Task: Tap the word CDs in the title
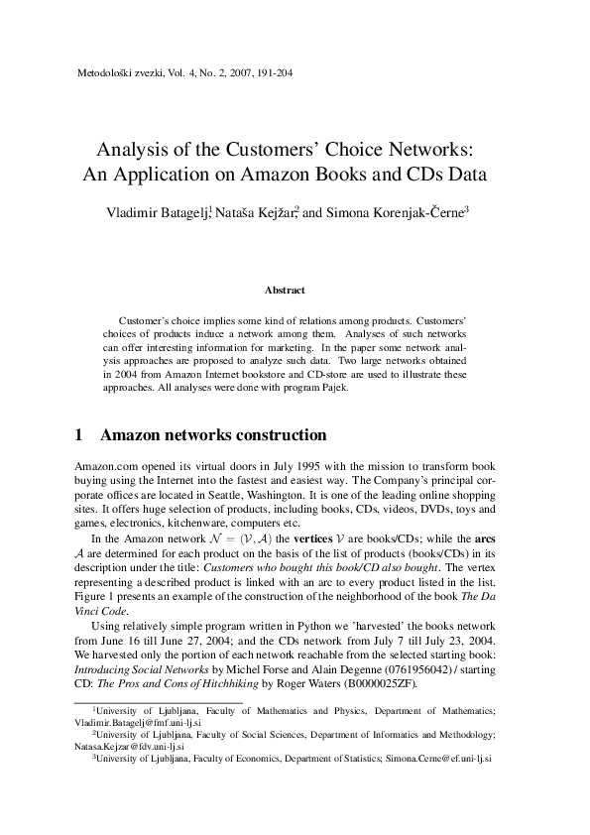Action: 429,179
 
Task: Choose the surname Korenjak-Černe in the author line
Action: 408,212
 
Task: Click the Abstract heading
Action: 285,291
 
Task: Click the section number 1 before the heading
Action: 79,435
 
